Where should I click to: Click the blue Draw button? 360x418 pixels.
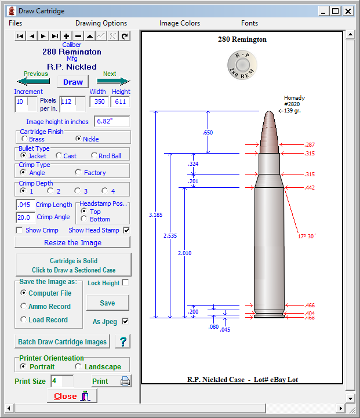point(72,82)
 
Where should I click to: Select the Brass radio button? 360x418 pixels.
point(24,139)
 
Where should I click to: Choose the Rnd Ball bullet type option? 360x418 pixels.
point(94,155)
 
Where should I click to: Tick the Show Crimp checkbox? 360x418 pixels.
point(20,230)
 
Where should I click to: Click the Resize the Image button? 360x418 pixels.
point(72,242)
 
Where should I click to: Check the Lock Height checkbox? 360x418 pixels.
point(125,283)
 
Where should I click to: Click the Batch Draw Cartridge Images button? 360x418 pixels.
point(63,341)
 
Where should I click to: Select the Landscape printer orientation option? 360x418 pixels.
point(78,366)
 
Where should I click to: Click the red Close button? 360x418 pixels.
point(72,396)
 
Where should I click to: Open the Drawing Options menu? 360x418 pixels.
point(101,23)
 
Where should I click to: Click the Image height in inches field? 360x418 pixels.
point(111,122)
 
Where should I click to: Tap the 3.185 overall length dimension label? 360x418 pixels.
point(155,215)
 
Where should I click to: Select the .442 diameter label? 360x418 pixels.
point(310,188)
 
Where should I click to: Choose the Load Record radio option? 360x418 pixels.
point(24,319)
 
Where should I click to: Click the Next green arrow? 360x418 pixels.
point(113,81)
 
